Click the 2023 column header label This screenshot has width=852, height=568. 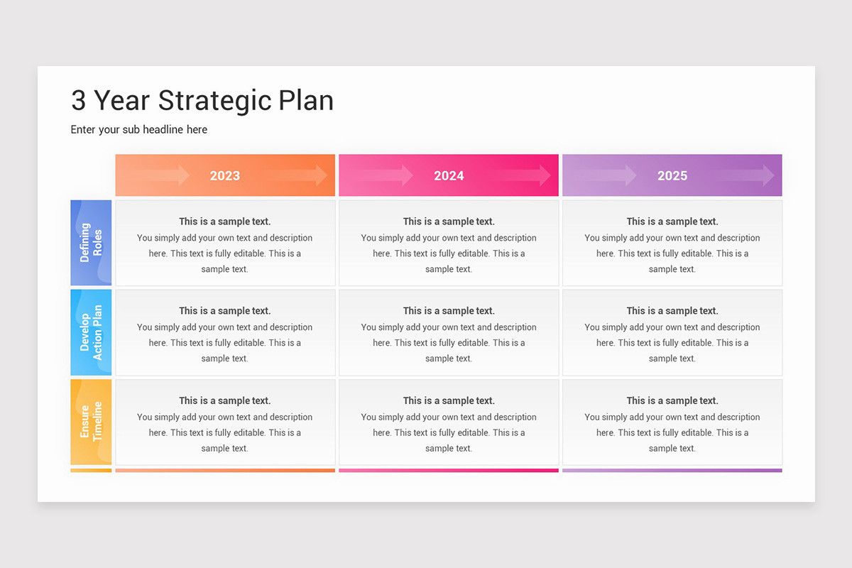[x=224, y=175]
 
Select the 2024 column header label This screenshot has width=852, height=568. [x=449, y=175]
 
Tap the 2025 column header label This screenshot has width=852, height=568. [x=672, y=175]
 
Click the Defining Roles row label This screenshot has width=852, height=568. [x=91, y=243]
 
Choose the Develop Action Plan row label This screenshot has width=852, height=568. [x=91, y=332]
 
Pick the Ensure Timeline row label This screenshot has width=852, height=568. [x=91, y=422]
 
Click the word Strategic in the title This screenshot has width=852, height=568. [x=216, y=101]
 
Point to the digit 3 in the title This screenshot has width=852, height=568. [x=79, y=101]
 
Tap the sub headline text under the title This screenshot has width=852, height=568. [x=139, y=129]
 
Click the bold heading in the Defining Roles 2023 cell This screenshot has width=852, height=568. [x=224, y=222]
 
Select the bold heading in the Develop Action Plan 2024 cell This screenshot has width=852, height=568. [x=449, y=311]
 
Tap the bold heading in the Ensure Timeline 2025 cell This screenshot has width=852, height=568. [x=672, y=400]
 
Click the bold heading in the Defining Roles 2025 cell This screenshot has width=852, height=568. [x=672, y=222]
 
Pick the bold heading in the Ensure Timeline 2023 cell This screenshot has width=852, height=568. [x=224, y=400]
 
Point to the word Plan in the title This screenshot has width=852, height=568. [x=306, y=101]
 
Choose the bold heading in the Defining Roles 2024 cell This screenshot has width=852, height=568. [x=449, y=222]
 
